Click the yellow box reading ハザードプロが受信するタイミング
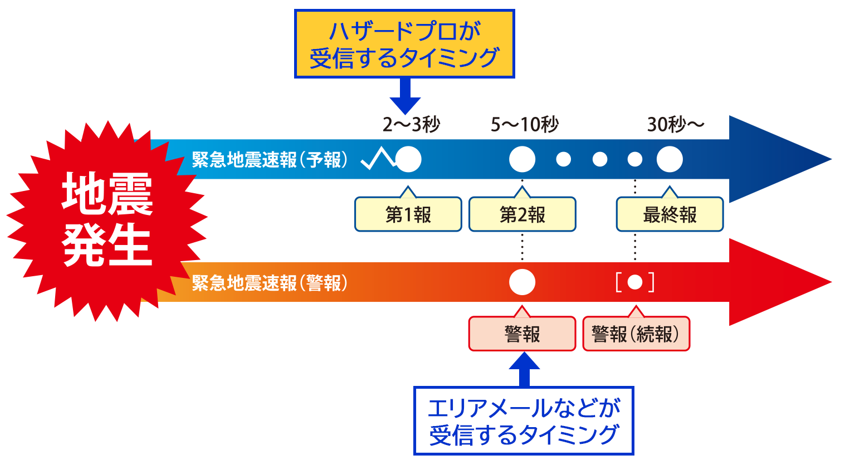click(404, 44)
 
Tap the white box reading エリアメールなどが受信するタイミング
click(524, 421)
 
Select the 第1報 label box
click(408, 214)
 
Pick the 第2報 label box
click(522, 214)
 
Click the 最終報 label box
click(670, 214)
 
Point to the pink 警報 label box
click(522, 334)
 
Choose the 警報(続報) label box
click(636, 334)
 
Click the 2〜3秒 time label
click(411, 125)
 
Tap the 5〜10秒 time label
click(524, 125)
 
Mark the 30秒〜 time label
click(675, 125)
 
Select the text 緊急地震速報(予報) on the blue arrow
click(270, 160)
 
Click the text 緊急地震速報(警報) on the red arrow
click(270, 283)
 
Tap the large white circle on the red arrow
click(522, 282)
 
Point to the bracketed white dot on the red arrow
click(635, 282)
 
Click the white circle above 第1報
click(408, 160)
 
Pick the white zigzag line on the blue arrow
click(378, 159)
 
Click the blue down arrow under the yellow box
click(405, 97)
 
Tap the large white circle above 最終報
click(670, 160)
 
